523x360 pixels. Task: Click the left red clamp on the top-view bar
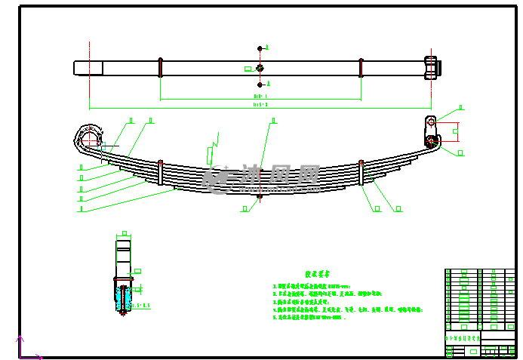coord(160,67)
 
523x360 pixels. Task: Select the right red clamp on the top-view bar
coord(361,67)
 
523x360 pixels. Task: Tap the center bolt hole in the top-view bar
coord(260,68)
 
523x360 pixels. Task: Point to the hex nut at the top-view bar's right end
coord(431,66)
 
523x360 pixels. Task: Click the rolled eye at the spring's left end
coord(88,139)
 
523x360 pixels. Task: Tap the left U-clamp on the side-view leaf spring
coord(161,173)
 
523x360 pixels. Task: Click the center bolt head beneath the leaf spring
coord(260,197)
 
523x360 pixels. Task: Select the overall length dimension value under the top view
coord(260,106)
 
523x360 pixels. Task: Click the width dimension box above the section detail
coord(125,234)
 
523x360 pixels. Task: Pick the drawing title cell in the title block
coord(462,339)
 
